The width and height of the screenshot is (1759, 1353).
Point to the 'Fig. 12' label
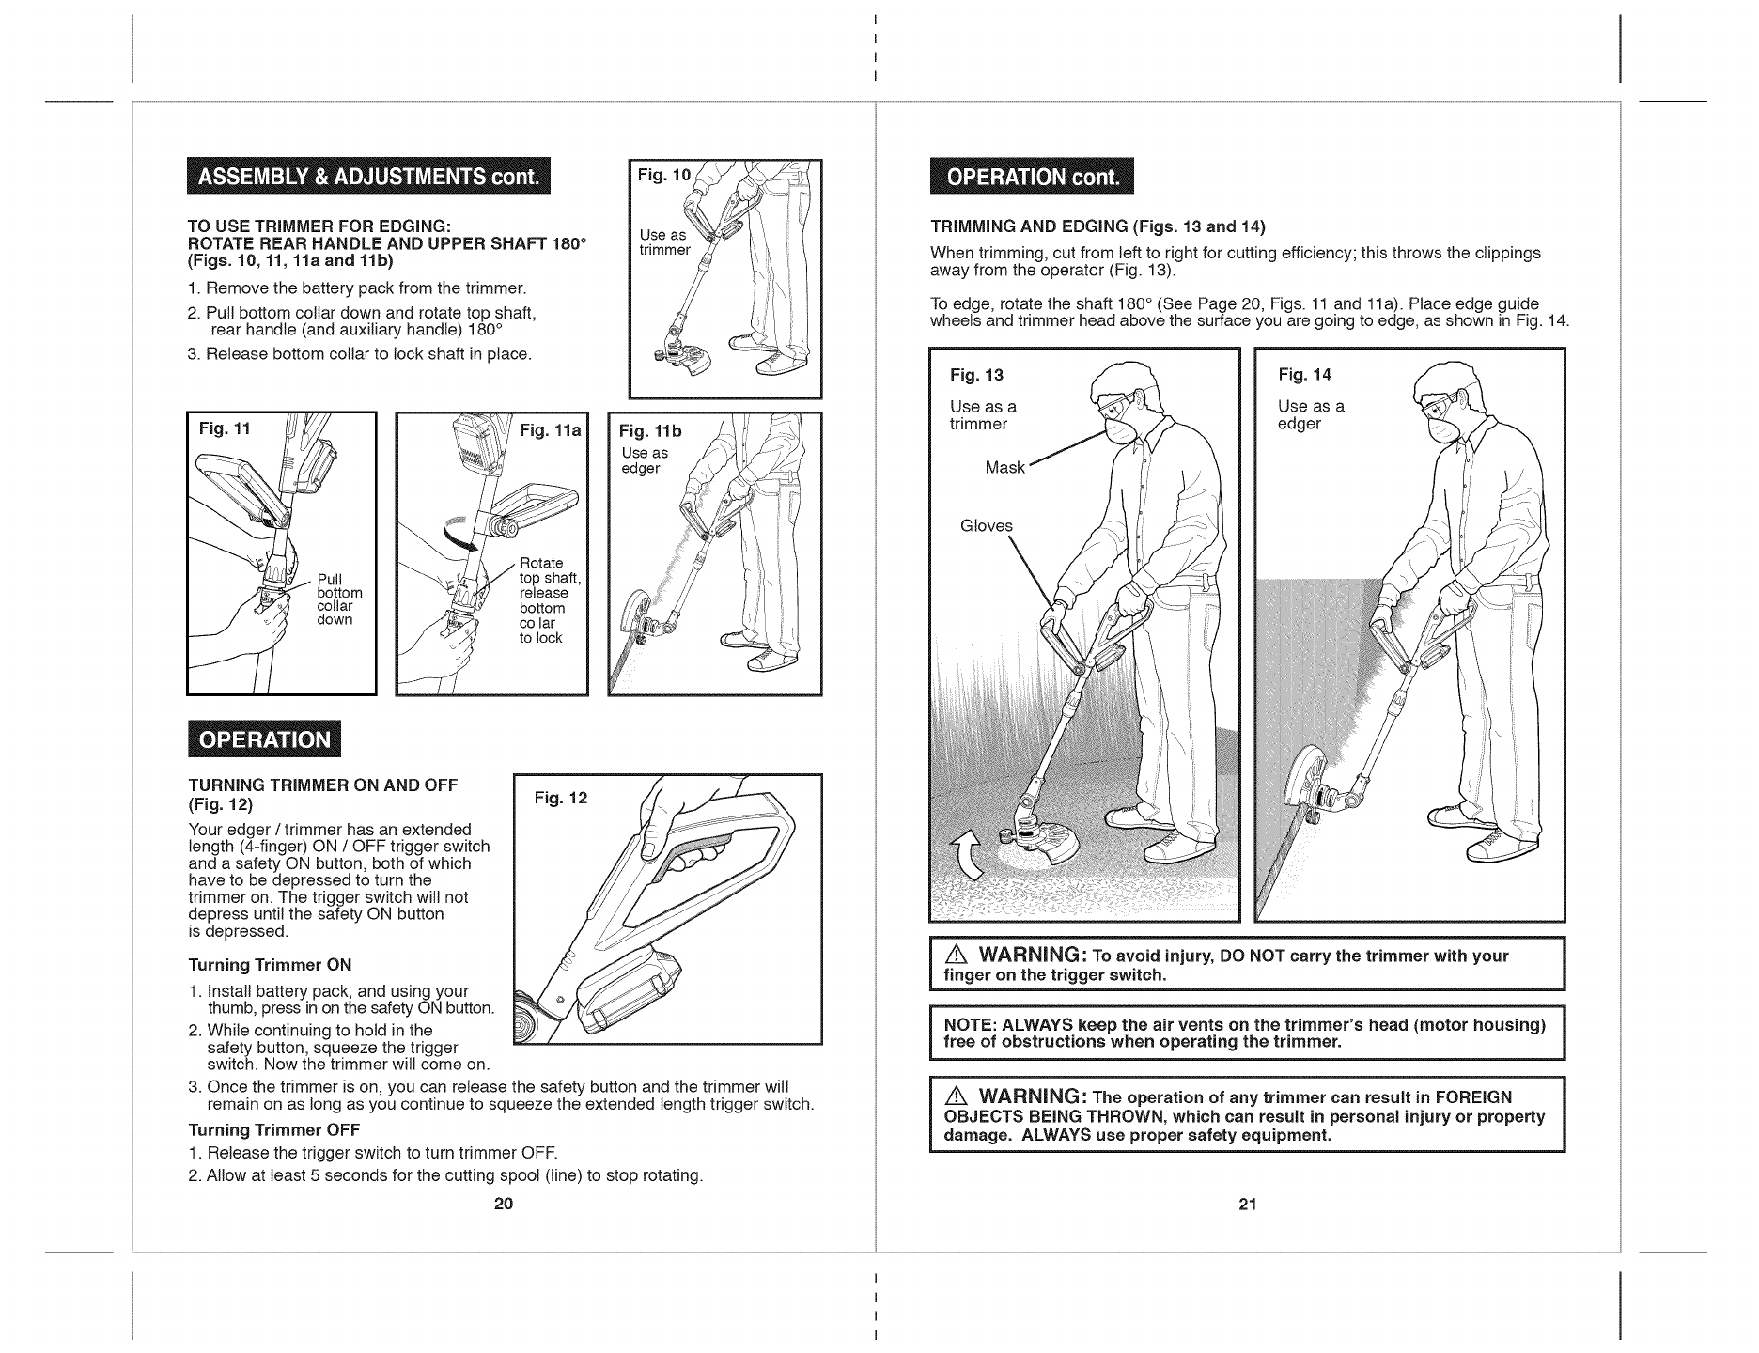point(560,799)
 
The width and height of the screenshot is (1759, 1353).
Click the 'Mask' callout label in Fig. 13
point(1004,467)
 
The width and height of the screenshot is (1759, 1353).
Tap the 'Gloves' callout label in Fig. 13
point(987,526)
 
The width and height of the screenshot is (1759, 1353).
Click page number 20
point(503,1205)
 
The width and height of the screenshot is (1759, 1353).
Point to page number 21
point(1247,1205)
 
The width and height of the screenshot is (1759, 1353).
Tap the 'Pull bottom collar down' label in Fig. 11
point(339,599)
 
